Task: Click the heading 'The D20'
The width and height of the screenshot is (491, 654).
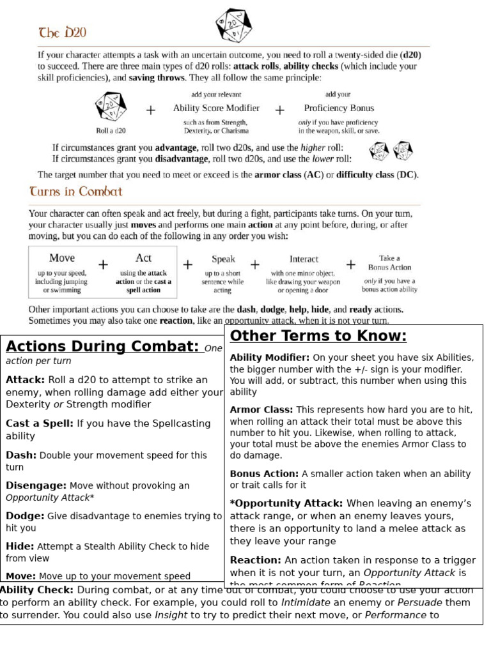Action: [x=63, y=33]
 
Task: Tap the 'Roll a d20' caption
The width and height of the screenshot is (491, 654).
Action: [x=111, y=130]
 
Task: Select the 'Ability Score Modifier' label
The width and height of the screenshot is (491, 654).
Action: [x=216, y=108]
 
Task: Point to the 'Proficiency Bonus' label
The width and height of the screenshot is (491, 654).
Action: [x=339, y=108]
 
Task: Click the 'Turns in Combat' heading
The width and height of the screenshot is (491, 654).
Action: [x=75, y=191]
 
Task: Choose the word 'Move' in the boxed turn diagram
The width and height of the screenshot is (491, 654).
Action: [x=62, y=258]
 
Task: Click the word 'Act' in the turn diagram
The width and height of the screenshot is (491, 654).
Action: [x=143, y=258]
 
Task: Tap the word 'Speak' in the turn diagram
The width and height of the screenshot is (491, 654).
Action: [x=223, y=259]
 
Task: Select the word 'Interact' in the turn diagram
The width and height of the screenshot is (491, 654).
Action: [x=304, y=259]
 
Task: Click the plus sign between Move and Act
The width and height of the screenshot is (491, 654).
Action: [x=104, y=264]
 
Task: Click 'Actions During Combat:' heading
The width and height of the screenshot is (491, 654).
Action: [x=102, y=347]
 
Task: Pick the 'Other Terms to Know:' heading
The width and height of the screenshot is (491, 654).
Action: [x=318, y=337]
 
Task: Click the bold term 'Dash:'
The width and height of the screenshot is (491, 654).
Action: [x=22, y=455]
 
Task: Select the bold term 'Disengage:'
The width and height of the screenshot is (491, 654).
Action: [x=36, y=485]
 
